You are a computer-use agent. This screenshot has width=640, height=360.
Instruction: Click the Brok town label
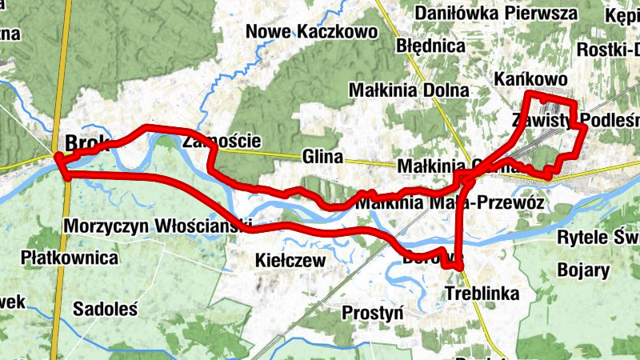(81, 142)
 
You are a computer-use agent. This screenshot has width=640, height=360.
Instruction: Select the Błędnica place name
(430, 46)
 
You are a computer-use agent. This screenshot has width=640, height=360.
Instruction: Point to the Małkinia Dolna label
(409, 90)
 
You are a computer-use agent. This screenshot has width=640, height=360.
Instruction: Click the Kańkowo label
(531, 79)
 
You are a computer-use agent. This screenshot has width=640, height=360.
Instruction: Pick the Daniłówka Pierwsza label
(496, 14)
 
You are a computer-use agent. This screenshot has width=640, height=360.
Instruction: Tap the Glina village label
(322, 157)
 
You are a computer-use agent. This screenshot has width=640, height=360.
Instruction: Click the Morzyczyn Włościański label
(158, 225)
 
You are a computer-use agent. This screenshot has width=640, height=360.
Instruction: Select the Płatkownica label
(70, 258)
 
